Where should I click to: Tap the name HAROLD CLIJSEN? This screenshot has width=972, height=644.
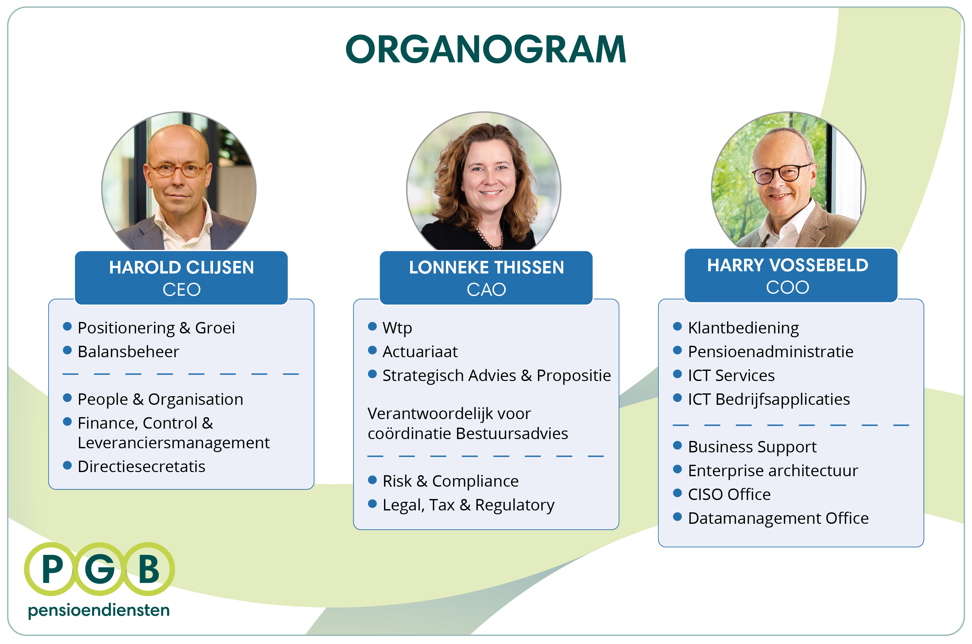pyautogui.click(x=181, y=267)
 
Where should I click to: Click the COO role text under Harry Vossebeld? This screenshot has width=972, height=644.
pyautogui.click(x=787, y=287)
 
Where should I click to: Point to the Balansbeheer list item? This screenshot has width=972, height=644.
pyautogui.click(x=128, y=352)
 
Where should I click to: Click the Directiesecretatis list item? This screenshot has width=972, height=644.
pyautogui.click(x=141, y=467)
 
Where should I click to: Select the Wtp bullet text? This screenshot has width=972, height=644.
pyautogui.click(x=397, y=328)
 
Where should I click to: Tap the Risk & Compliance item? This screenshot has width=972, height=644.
pyautogui.click(x=450, y=481)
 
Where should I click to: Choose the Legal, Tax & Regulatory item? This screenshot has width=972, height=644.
pyautogui.click(x=468, y=505)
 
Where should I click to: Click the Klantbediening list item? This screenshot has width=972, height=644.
pyautogui.click(x=743, y=328)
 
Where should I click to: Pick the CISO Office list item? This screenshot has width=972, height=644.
pyautogui.click(x=729, y=494)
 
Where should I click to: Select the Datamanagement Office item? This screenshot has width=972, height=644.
pyautogui.click(x=778, y=518)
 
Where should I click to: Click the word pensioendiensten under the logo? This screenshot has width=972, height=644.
pyautogui.click(x=99, y=610)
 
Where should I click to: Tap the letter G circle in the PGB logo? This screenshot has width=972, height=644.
pyautogui.click(x=99, y=569)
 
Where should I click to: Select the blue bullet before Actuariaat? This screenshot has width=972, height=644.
pyautogui.click(x=372, y=350)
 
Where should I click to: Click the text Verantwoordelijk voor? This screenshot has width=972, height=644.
pyautogui.click(x=449, y=414)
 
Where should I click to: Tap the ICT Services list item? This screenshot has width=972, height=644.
pyautogui.click(x=731, y=375)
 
